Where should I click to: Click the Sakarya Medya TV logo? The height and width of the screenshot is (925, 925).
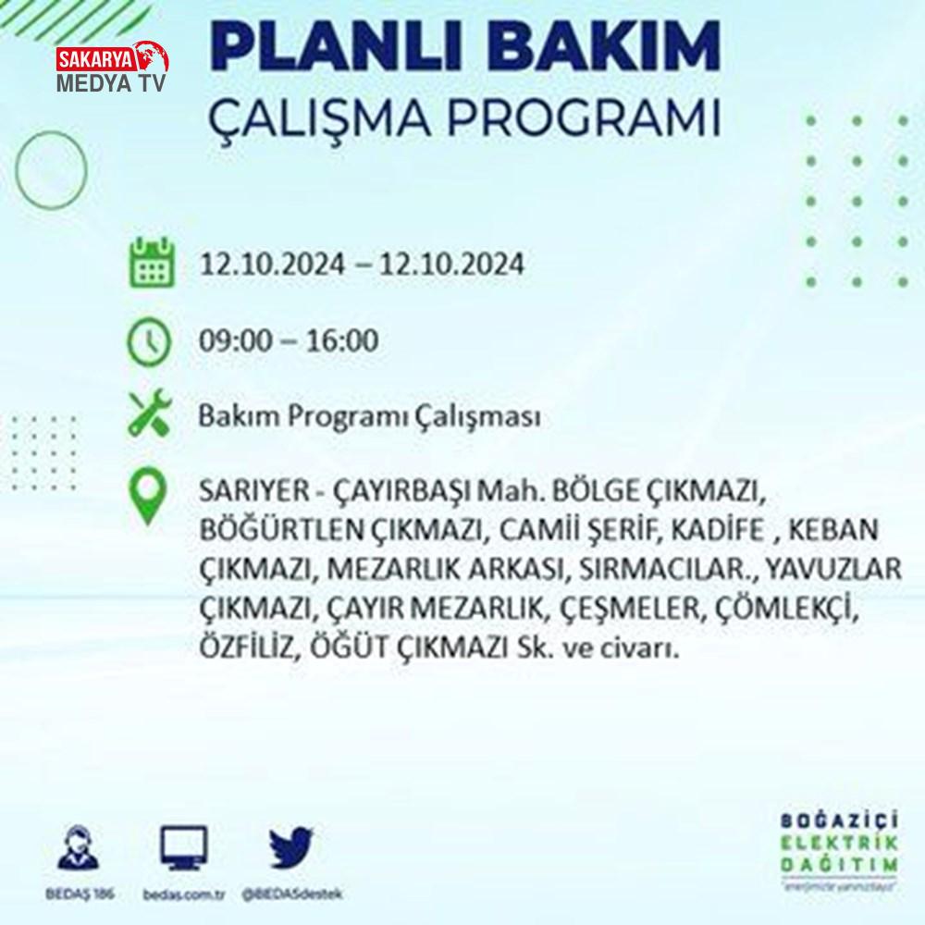[112, 67]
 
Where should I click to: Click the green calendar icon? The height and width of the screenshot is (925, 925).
[152, 263]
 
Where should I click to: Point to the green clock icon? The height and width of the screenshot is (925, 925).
[149, 342]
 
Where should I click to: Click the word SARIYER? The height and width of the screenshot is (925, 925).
[254, 490]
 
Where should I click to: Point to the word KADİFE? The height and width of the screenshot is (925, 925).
[718, 529]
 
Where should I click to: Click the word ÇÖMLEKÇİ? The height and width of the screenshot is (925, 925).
[785, 609]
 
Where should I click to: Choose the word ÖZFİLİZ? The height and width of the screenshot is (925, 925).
[246, 647]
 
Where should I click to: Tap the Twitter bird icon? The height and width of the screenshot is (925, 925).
[290, 847]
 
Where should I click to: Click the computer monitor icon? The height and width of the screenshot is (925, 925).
[184, 847]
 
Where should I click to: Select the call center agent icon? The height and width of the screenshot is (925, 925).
[79, 847]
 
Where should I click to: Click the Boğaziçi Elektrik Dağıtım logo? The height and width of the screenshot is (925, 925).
[839, 850]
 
